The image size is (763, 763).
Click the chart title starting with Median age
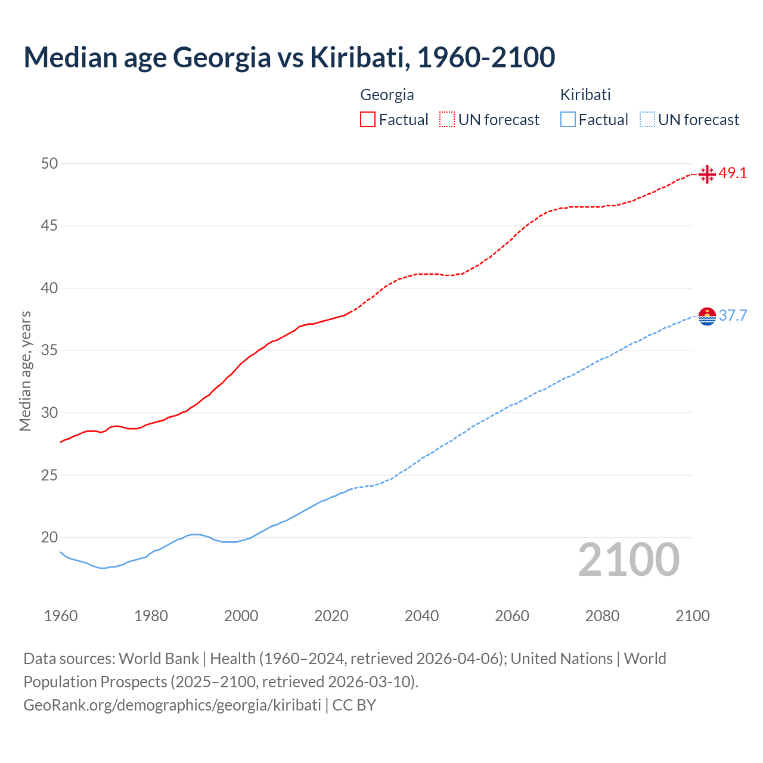tap(289, 57)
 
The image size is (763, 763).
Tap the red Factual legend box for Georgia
tap(368, 119)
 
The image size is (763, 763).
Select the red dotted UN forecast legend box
tap(447, 119)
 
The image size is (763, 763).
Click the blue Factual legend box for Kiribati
tap(568, 119)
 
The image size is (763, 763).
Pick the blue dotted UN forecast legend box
tap(647, 119)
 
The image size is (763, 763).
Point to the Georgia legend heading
tap(387, 95)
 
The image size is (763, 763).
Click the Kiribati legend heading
tap(585, 95)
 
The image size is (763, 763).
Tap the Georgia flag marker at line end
tap(707, 174)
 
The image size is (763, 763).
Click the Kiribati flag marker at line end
tap(707, 316)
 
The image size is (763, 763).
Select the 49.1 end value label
tap(733, 173)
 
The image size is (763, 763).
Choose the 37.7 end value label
tap(733, 315)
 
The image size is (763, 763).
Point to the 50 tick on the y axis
tap(49, 163)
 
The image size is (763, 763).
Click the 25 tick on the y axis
tap(49, 475)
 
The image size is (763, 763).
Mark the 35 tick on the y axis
tap(49, 351)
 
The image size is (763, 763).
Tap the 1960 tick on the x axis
tap(61, 616)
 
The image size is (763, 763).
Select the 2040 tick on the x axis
tap(421, 616)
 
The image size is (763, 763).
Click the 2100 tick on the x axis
tap(693, 616)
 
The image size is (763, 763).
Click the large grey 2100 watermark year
tap(628, 559)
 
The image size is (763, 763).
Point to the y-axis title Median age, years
tap(25, 371)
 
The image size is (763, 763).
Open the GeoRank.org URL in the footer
tap(172, 705)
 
